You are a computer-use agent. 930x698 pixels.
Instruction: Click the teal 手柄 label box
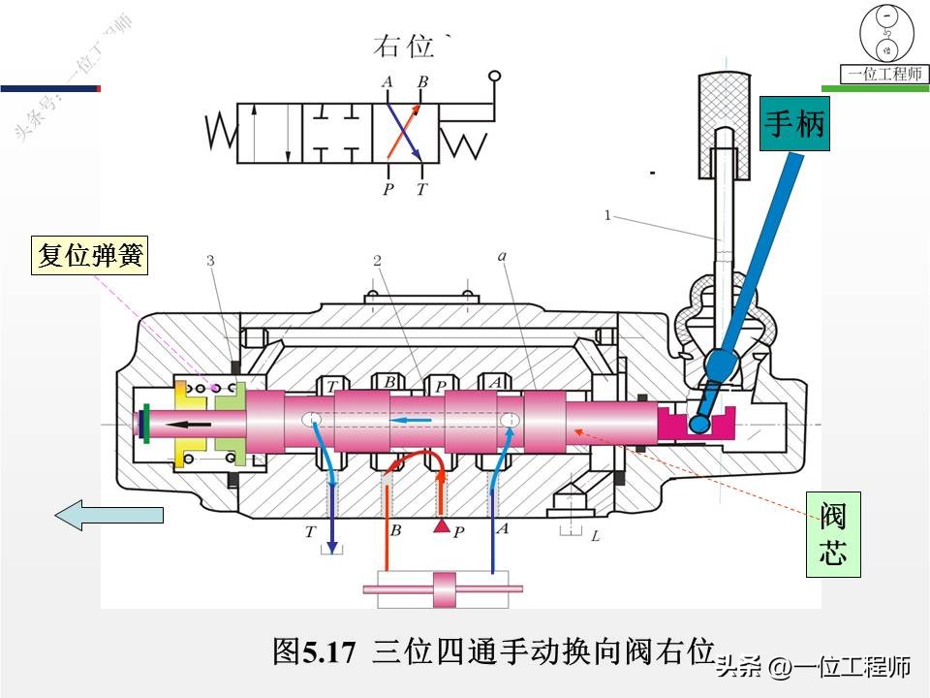point(795,124)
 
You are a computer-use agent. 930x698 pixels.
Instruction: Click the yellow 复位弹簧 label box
point(89,256)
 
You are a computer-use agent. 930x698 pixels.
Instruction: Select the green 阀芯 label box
point(833,533)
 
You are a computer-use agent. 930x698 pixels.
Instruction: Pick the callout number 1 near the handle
point(607,216)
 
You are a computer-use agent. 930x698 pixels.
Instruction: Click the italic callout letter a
point(501,257)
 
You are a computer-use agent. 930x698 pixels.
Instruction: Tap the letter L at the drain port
point(596,535)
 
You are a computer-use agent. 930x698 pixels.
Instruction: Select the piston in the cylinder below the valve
point(443,587)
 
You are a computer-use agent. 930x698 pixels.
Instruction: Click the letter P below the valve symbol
point(387,189)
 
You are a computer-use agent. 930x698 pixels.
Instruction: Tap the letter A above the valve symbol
point(387,82)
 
